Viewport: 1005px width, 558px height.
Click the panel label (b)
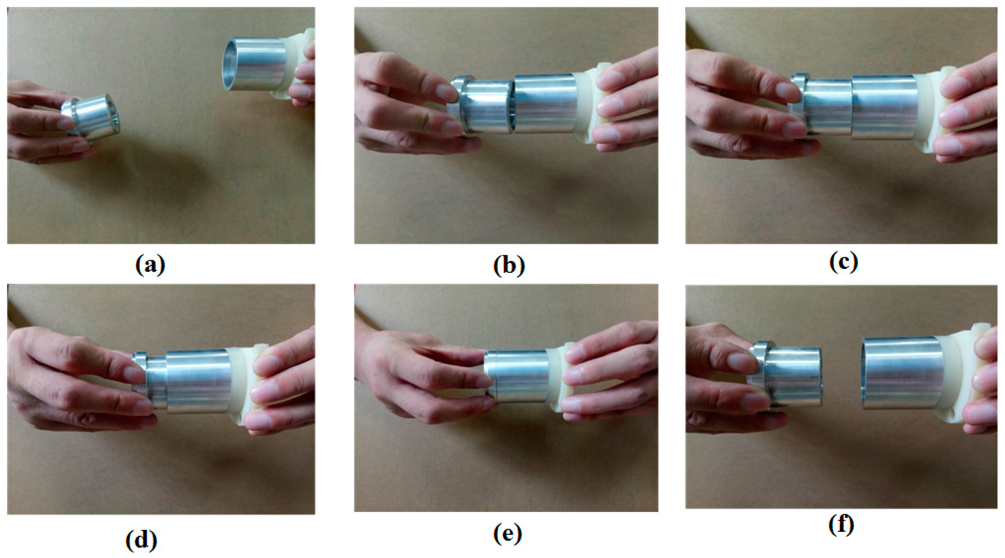coord(509,266)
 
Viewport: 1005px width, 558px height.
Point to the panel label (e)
coord(508,534)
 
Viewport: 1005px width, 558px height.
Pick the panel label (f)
coord(841,525)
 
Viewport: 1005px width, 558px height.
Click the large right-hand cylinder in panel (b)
coord(545,103)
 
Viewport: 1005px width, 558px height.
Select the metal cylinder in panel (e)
coord(517,376)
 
